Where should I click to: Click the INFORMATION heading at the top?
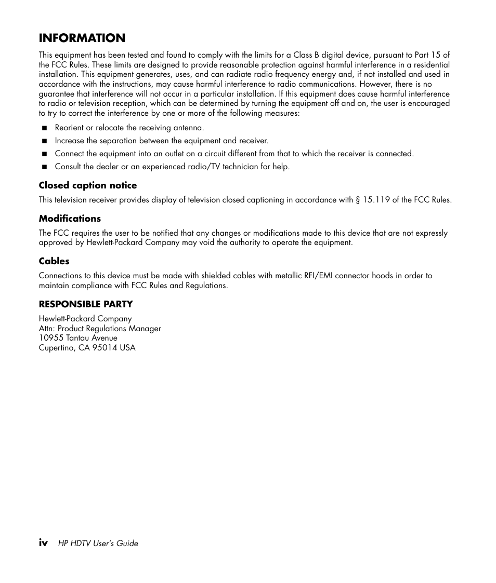point(82,38)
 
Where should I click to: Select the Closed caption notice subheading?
point(88,185)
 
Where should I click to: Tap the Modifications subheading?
point(70,219)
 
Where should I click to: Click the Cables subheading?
point(54,261)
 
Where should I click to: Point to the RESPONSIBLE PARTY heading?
point(86,304)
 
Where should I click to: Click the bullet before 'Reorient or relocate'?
point(44,128)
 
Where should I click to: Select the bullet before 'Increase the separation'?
point(44,141)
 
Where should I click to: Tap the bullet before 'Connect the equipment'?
point(44,154)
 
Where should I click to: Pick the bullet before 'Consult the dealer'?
point(44,167)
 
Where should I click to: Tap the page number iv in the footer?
point(44,543)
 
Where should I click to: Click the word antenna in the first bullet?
point(188,128)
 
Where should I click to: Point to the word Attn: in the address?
point(47,329)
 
